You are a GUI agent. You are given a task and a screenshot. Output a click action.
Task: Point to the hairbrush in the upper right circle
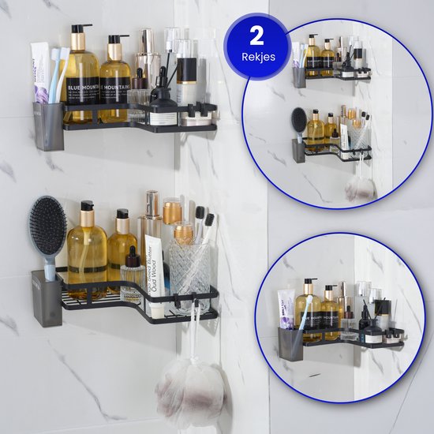coord(298,122)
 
